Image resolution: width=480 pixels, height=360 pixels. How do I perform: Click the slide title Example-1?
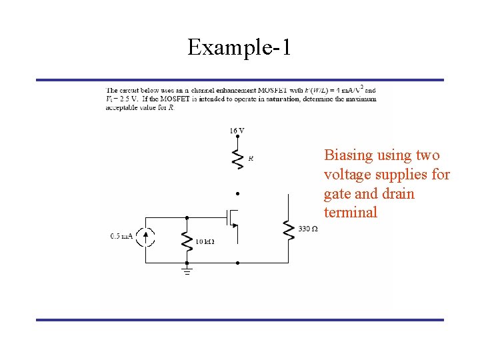pos(239,47)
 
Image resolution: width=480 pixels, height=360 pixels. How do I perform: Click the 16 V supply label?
pos(237,131)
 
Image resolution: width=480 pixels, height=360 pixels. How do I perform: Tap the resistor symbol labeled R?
pos(237,159)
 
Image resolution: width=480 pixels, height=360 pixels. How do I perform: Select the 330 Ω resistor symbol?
pos(289,229)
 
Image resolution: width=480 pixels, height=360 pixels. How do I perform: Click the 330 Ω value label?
pos(308,229)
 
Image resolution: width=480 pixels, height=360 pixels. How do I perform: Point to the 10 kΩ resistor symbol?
pos(187,240)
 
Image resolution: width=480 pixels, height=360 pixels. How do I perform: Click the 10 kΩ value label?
pos(204,241)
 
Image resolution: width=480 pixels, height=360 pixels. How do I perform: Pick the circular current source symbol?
pos(147,236)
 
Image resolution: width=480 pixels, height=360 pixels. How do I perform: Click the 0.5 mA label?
pos(121,236)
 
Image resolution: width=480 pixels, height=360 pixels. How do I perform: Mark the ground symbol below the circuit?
pos(187,269)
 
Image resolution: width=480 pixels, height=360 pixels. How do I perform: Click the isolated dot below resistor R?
pos(237,194)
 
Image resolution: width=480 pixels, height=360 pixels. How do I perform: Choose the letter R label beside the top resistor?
pos(251,159)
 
